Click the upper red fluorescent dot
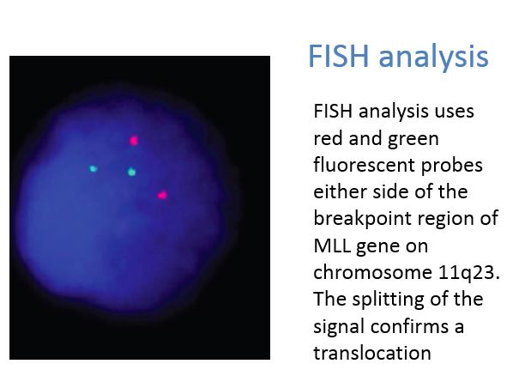pos(134,140)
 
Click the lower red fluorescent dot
pos(162,195)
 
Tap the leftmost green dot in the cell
pos(93,168)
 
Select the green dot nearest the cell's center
pos(132,172)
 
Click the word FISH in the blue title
pos(338,56)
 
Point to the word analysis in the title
pos(433,58)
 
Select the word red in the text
pos(328,138)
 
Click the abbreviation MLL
pos(332,246)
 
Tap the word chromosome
pos(372,272)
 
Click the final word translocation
pos(372,353)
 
